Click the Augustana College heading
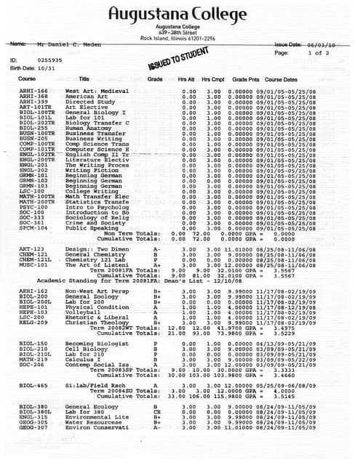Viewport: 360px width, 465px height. (x=179, y=13)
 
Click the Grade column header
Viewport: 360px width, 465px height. (x=155, y=78)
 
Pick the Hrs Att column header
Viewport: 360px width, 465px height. (x=188, y=78)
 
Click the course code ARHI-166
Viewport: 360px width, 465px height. (x=34, y=91)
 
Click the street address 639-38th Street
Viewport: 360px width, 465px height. (x=179, y=33)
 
